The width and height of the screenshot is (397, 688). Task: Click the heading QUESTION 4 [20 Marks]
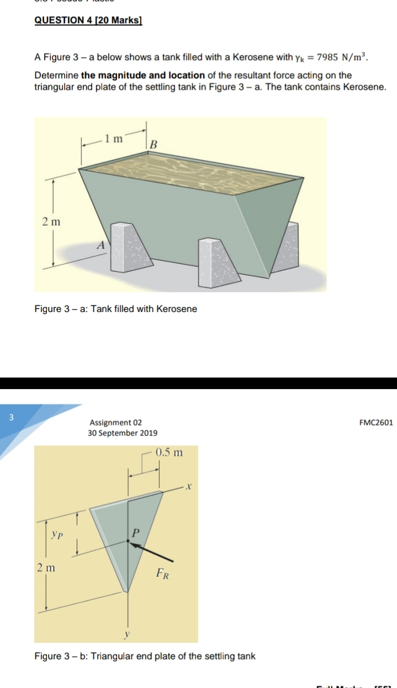click(88, 20)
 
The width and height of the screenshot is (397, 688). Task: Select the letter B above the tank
click(154, 145)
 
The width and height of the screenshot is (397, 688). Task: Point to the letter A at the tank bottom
click(101, 247)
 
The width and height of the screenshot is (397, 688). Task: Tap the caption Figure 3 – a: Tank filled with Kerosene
click(116, 309)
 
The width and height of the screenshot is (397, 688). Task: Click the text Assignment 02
click(115, 423)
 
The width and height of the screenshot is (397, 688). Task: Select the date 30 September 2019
click(122, 433)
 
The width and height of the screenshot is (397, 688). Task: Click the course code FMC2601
click(375, 423)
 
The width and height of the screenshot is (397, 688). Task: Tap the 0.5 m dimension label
click(169, 453)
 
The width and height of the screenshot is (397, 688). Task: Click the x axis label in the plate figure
click(188, 487)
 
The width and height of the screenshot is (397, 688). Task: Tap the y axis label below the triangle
click(127, 635)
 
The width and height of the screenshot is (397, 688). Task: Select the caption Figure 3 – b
click(144, 657)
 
